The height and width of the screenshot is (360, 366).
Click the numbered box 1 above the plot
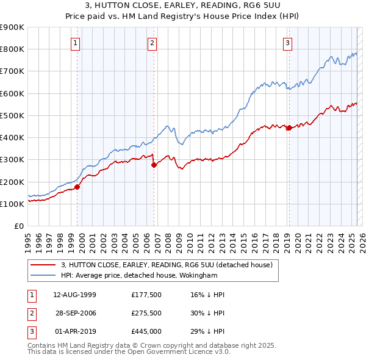(74, 43)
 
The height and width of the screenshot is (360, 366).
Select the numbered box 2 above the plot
(151, 43)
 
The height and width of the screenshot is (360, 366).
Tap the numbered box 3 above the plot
(287, 43)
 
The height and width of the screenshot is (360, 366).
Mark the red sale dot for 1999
(77, 187)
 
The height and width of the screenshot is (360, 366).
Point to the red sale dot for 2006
(154, 165)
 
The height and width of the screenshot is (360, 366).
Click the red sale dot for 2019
(289, 128)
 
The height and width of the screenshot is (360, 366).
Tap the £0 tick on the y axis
(18, 226)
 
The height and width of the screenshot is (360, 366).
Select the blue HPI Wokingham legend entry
(144, 276)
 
